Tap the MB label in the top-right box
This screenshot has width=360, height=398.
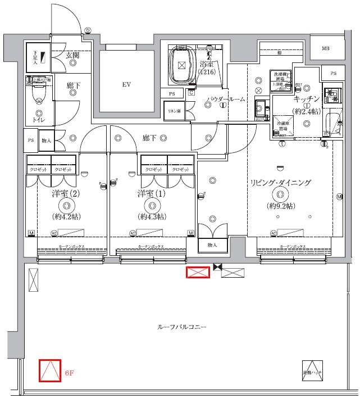(x=325, y=49)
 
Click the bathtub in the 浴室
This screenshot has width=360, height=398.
(x=181, y=66)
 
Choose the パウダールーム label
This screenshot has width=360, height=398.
(x=225, y=99)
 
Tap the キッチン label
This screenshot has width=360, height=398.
(x=306, y=98)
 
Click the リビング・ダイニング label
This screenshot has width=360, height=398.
(x=280, y=183)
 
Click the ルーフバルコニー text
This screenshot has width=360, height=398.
(x=182, y=327)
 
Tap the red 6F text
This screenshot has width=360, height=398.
(x=70, y=373)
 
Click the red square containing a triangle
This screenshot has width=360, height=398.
(x=49, y=370)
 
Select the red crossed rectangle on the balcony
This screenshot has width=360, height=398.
(x=198, y=273)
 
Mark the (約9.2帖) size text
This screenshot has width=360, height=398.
(x=280, y=206)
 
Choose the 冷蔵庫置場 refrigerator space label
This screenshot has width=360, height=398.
(x=282, y=125)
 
